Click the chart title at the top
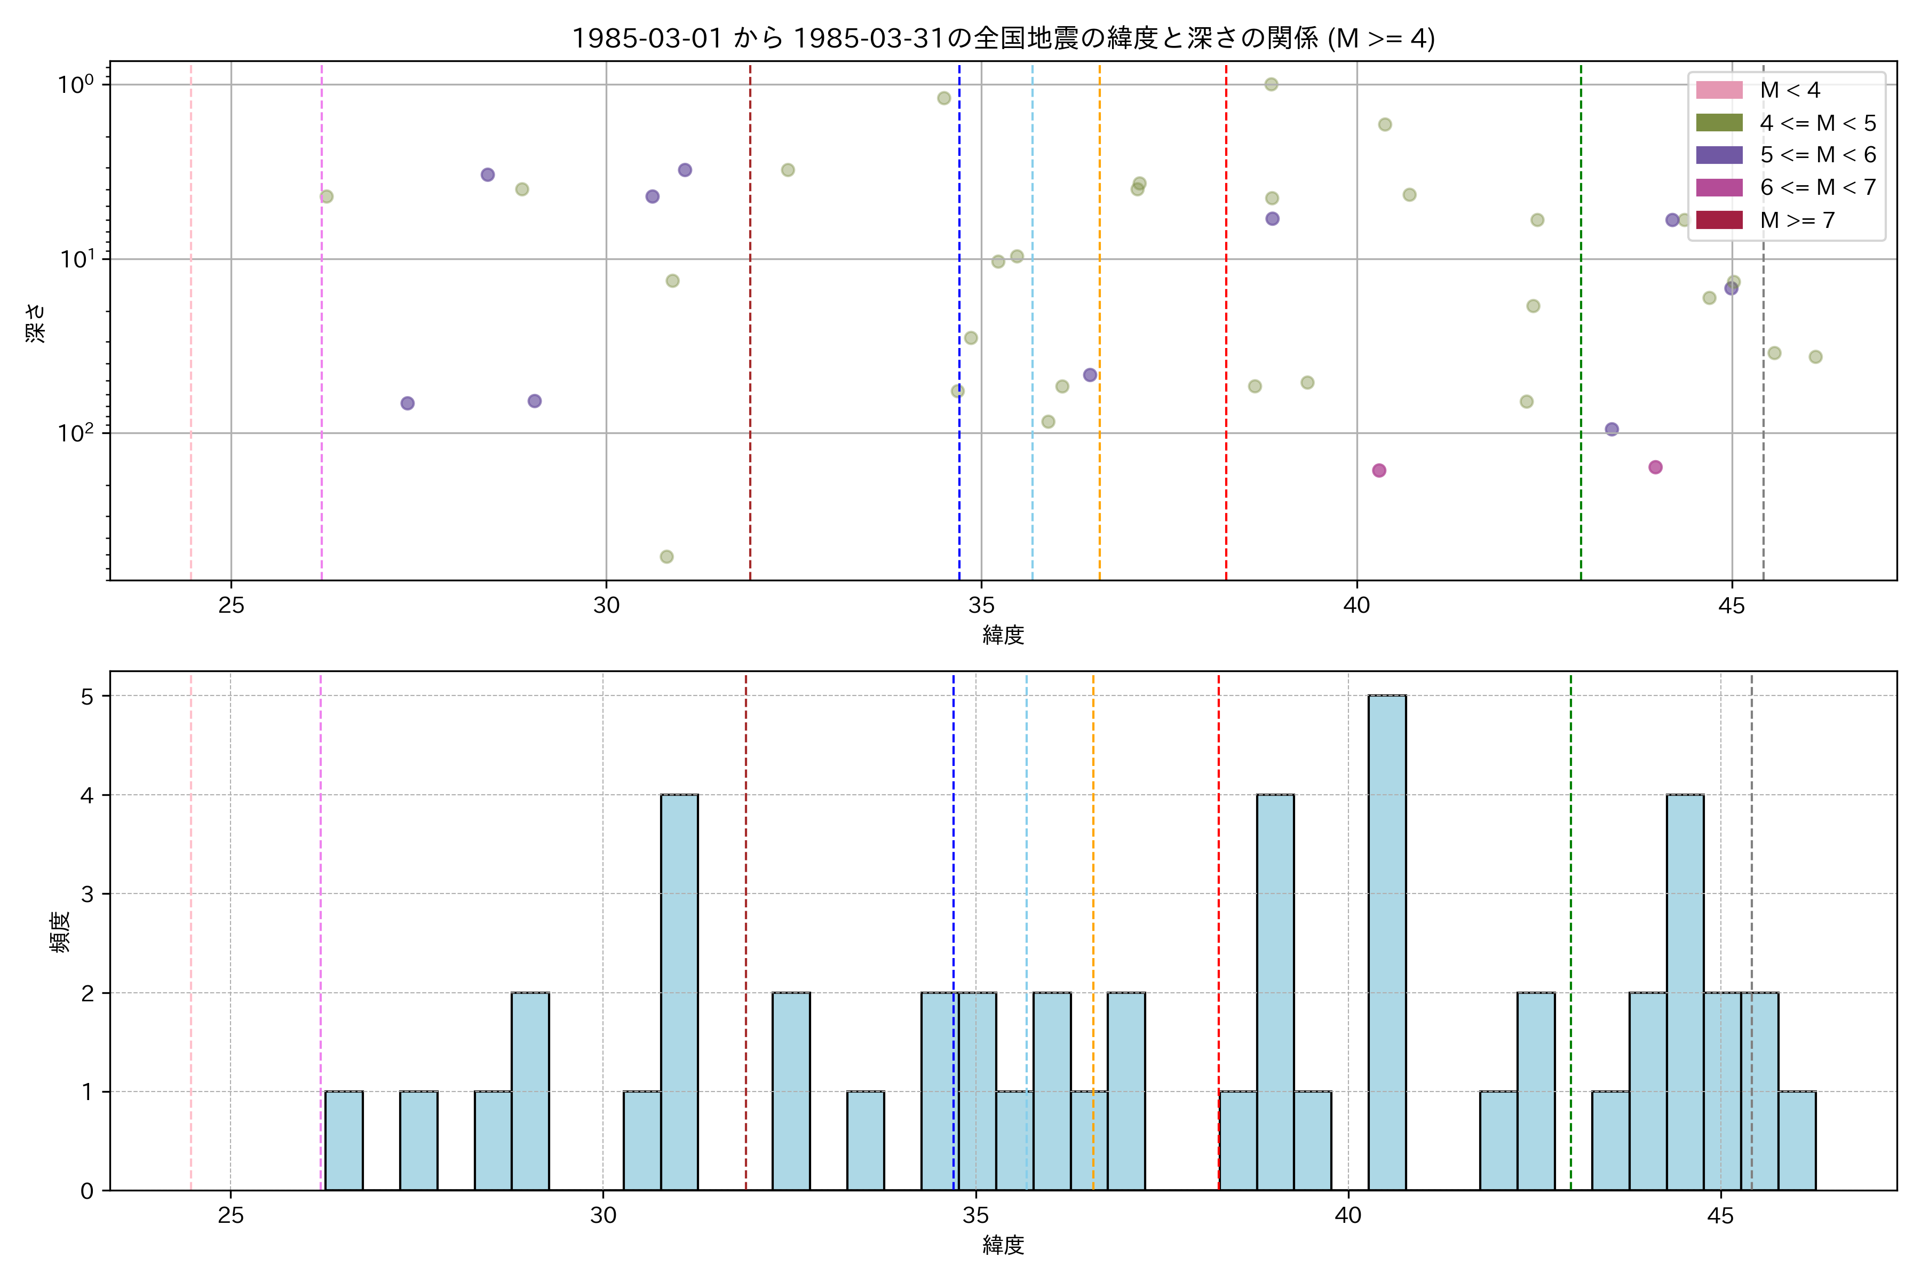click(1003, 38)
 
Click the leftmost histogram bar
click(344, 1141)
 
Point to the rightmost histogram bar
click(1797, 1141)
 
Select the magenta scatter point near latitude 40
click(1379, 471)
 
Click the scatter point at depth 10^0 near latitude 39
click(1271, 84)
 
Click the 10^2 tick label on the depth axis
click(75, 433)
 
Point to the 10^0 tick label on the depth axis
click(75, 85)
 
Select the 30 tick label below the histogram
click(603, 1216)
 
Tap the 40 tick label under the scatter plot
click(1356, 605)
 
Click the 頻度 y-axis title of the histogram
click(60, 931)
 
